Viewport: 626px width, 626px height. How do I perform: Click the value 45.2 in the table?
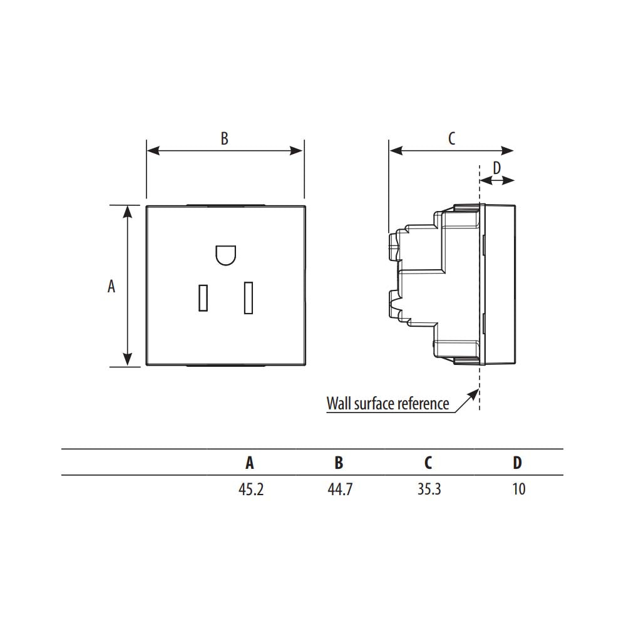pos(251,489)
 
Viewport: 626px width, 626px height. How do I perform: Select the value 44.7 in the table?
pos(340,489)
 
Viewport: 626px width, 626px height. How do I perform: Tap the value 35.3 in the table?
pos(429,489)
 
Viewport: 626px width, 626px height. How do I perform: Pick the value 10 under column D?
pos(518,489)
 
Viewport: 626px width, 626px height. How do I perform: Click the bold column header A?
pos(250,463)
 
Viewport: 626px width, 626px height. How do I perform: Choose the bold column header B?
pos(339,463)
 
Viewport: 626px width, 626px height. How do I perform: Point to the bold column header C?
pos(428,463)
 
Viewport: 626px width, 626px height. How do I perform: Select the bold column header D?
pos(517,463)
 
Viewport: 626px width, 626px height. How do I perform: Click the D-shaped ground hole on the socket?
pos(225,255)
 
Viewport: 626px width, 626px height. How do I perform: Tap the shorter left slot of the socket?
pos(203,298)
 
